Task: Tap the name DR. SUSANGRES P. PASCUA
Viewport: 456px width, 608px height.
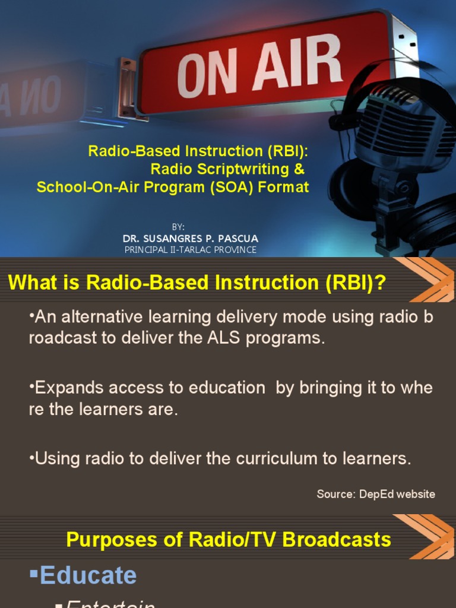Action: click(191, 239)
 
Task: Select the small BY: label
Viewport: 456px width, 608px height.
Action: click(178, 227)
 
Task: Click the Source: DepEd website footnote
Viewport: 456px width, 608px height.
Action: click(376, 494)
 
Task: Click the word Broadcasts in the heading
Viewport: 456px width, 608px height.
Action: click(337, 540)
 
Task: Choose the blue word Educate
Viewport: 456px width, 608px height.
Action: click(88, 575)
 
